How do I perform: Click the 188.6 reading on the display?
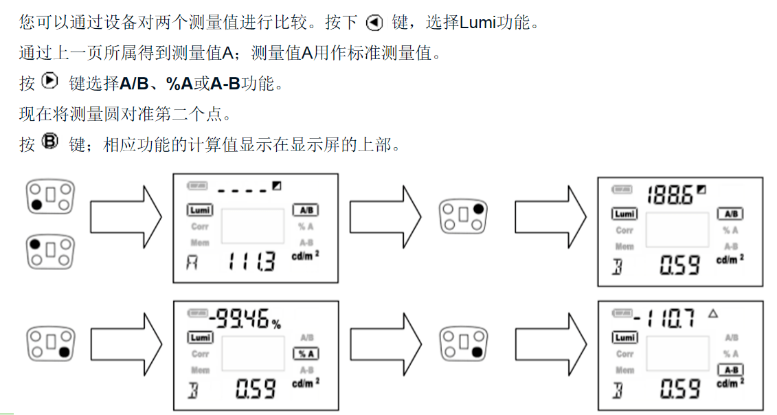pyautogui.click(x=669, y=195)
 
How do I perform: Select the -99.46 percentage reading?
pyautogui.click(x=244, y=319)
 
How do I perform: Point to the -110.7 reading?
pyautogui.click(x=664, y=317)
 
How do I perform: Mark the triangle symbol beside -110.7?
pyautogui.click(x=712, y=313)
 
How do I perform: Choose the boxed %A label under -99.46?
pyautogui.click(x=306, y=353)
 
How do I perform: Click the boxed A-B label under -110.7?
pyautogui.click(x=730, y=370)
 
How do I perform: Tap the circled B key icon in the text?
pyautogui.click(x=50, y=142)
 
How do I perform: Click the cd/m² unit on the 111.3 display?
pyautogui.click(x=306, y=256)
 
